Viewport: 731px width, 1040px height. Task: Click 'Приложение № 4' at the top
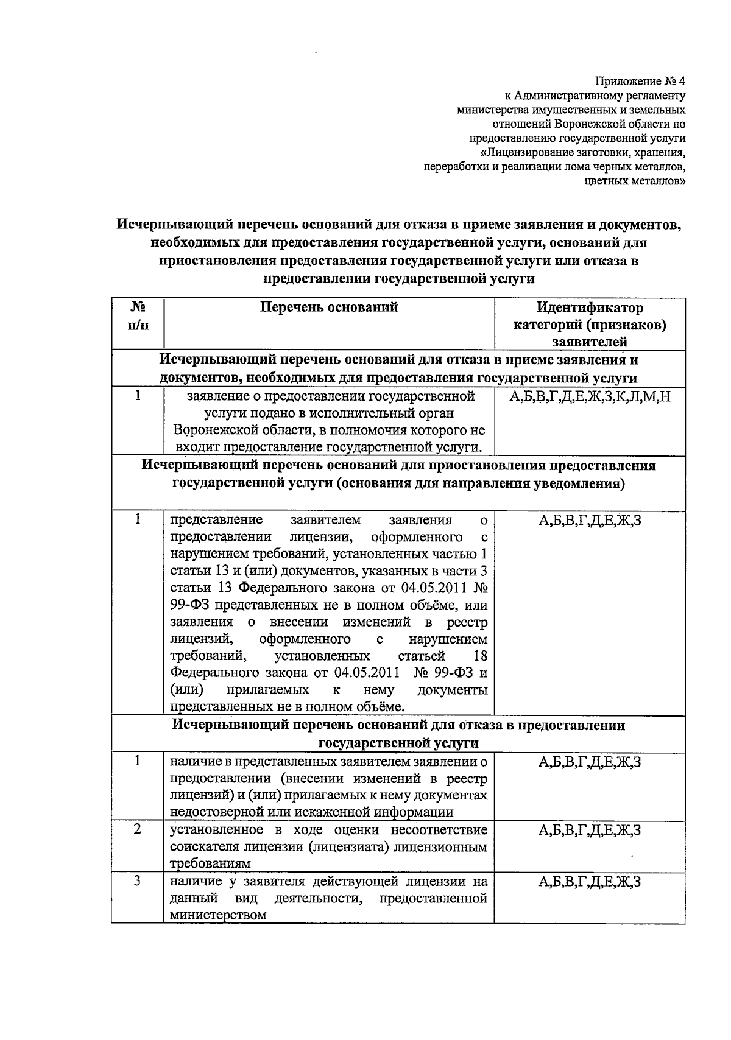640,81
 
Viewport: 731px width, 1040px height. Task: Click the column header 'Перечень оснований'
329,307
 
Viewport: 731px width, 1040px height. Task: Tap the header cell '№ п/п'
138,316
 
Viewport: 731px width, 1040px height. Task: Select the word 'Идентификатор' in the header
590,307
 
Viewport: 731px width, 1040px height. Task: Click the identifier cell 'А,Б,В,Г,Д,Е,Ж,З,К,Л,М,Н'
590,398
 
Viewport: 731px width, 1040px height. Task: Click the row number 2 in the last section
138,829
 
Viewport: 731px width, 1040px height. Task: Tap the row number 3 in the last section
138,881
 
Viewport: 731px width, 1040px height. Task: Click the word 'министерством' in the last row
218,915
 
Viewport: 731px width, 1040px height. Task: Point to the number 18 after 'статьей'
480,656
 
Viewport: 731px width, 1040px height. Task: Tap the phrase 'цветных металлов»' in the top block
634,181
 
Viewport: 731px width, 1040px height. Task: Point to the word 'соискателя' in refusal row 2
201,847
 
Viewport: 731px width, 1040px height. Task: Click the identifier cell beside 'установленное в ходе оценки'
590,830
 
